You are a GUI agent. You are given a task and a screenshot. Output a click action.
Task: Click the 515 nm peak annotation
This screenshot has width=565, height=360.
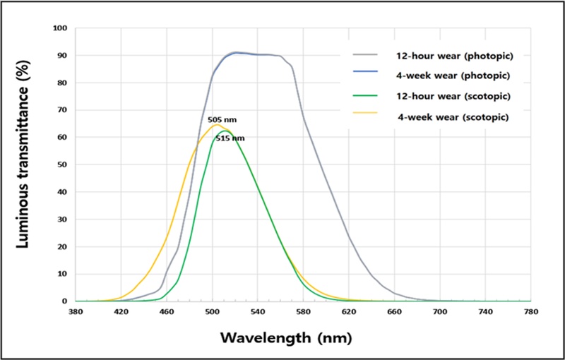coord(230,138)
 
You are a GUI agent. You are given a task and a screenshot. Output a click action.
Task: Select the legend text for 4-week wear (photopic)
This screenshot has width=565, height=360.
coord(443,74)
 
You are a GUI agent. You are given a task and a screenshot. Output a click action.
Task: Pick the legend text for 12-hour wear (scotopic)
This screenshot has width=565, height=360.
coord(445,95)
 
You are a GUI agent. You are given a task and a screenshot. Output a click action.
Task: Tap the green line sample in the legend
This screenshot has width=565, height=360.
coord(368,95)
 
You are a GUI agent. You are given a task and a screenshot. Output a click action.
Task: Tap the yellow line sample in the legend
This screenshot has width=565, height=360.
coord(368,116)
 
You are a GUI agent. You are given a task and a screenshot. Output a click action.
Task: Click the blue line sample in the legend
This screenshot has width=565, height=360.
coord(368,74)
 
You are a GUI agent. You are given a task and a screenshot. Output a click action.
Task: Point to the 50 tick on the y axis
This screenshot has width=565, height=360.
coord(62,164)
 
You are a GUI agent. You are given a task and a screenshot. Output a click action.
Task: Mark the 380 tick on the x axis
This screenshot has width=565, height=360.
coord(76,311)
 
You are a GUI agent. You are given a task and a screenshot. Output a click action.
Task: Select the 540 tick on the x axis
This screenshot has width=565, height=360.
coord(258,311)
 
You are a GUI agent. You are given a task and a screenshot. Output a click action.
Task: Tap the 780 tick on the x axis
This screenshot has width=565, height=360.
coord(530,311)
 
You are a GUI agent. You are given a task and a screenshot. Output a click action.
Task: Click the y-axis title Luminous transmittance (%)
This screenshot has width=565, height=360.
coord(23,165)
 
